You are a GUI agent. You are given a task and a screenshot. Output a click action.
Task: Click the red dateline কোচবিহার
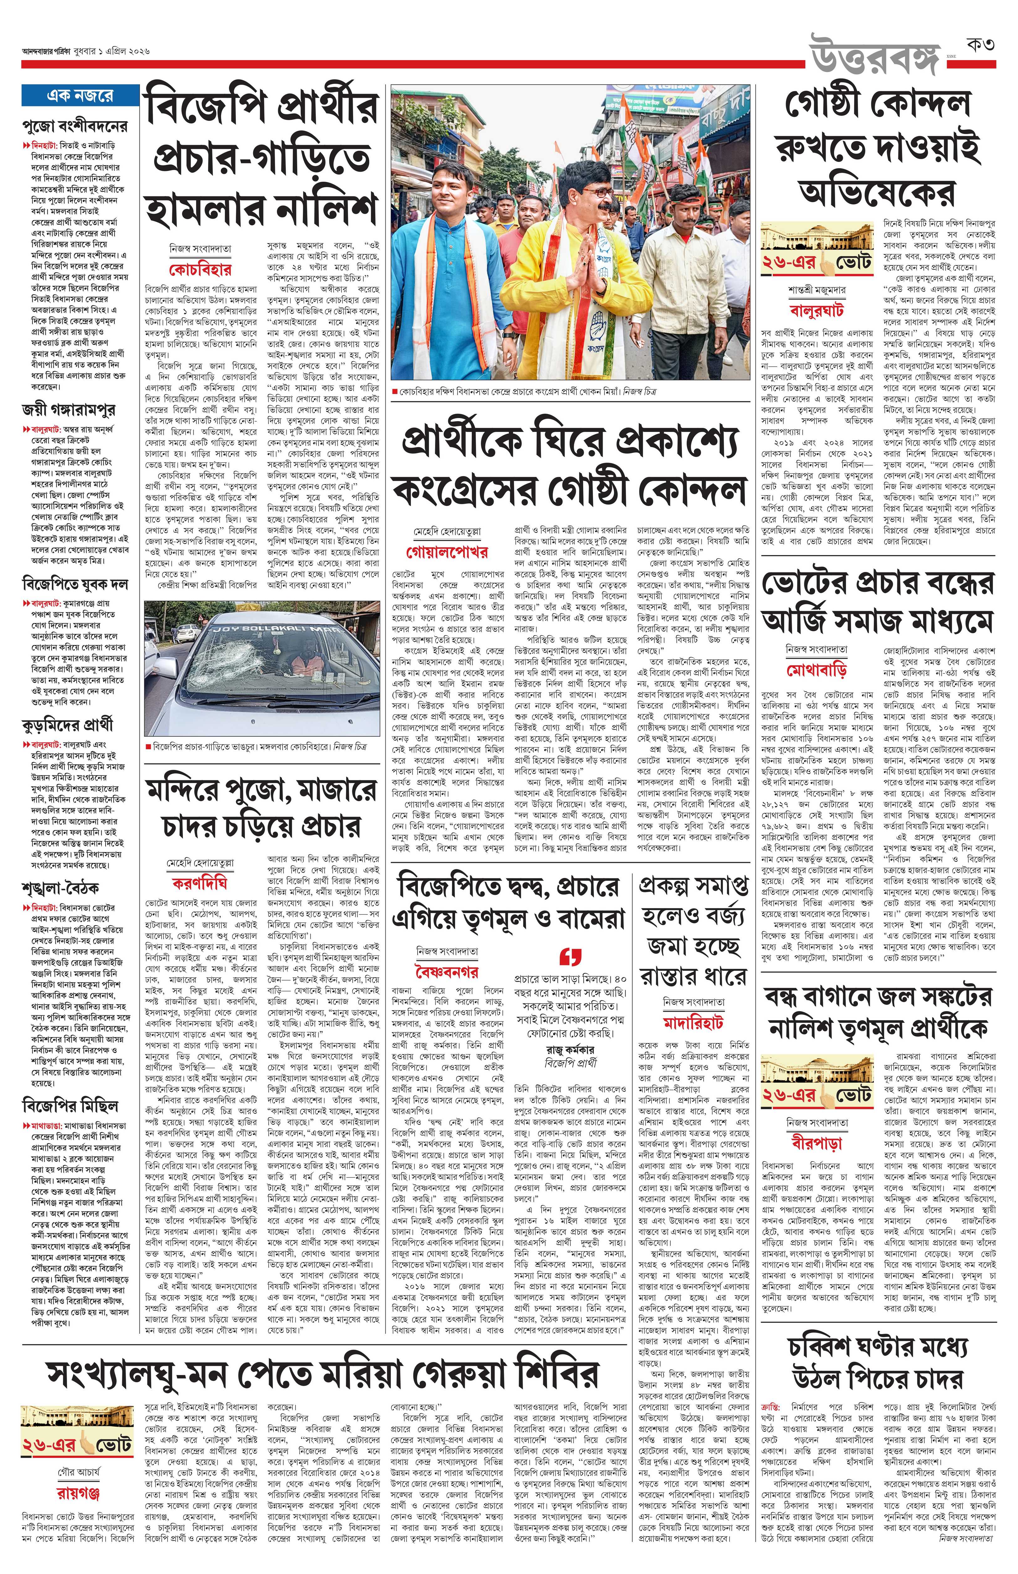pyautogui.click(x=200, y=270)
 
